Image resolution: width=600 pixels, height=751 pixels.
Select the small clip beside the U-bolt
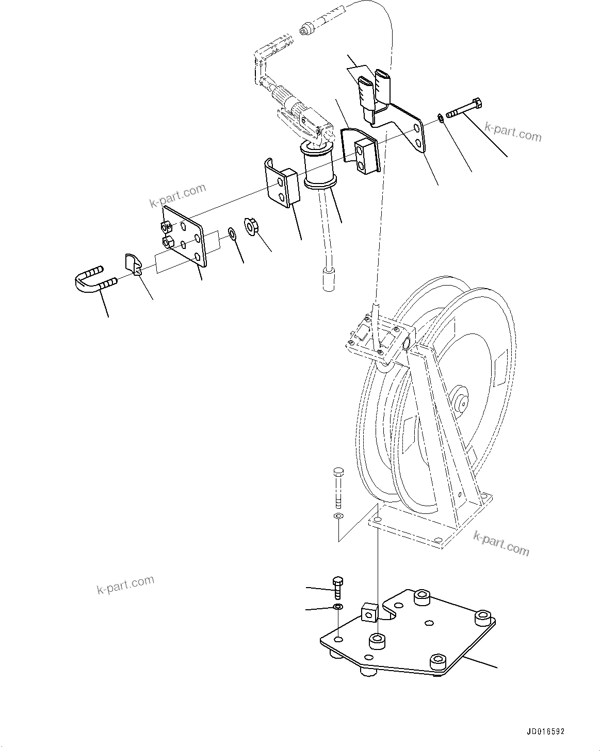pos(133,264)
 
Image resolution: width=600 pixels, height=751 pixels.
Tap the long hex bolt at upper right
pos(464,108)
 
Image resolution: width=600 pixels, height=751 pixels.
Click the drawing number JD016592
pos(545,731)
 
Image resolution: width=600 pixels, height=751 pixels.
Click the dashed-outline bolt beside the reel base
pos(338,485)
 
